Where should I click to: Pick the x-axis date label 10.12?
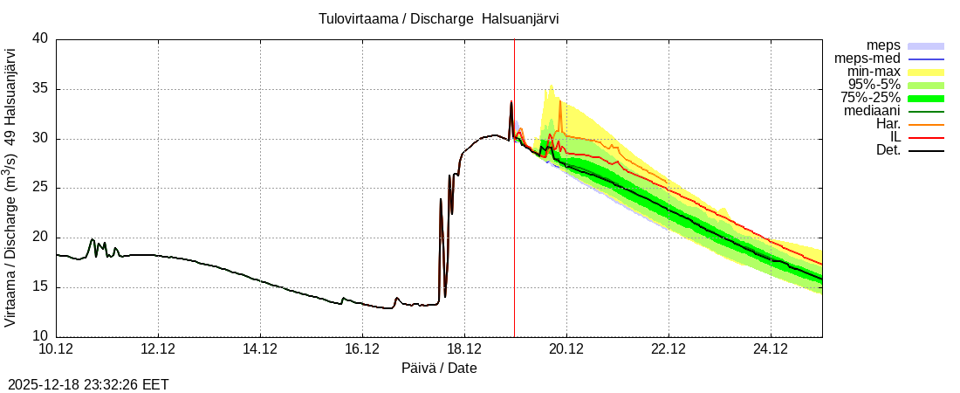coord(57,349)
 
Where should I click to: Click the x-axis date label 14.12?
coord(260,349)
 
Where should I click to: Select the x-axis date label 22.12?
coord(668,349)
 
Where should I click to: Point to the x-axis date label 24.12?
coord(770,349)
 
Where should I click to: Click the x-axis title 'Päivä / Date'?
coord(439,368)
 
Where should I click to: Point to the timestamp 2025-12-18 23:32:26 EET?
coord(88,384)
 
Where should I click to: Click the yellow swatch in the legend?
coord(926,71)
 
